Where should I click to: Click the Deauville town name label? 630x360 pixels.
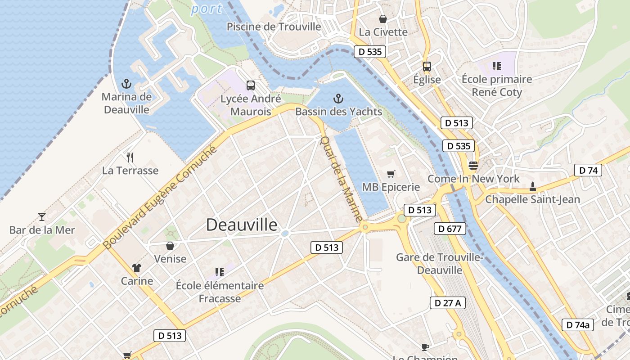[242, 225]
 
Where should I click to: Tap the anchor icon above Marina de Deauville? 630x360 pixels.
[126, 84]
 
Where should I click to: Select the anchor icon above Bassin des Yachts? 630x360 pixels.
[338, 99]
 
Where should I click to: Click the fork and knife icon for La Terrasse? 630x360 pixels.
[130, 157]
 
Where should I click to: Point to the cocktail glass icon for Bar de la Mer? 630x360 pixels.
[42, 216]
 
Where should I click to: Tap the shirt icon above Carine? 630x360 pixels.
[137, 268]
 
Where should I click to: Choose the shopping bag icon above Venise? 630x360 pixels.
[170, 246]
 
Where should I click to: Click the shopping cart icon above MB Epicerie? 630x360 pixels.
[391, 174]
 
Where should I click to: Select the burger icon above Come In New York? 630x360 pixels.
[473, 165]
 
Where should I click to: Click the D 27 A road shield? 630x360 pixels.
[447, 303]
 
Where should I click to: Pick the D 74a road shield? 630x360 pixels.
[578, 324]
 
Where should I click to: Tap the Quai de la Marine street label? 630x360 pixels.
[341, 179]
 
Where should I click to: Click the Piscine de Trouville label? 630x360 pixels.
[274, 27]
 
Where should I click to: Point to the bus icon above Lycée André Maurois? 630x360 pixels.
[251, 85]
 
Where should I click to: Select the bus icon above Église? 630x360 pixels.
[427, 67]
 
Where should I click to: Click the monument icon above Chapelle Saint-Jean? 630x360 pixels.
[533, 186]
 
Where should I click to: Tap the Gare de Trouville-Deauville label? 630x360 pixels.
[439, 264]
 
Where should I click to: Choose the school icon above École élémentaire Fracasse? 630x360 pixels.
[220, 272]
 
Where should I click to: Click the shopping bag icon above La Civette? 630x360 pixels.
[383, 19]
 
